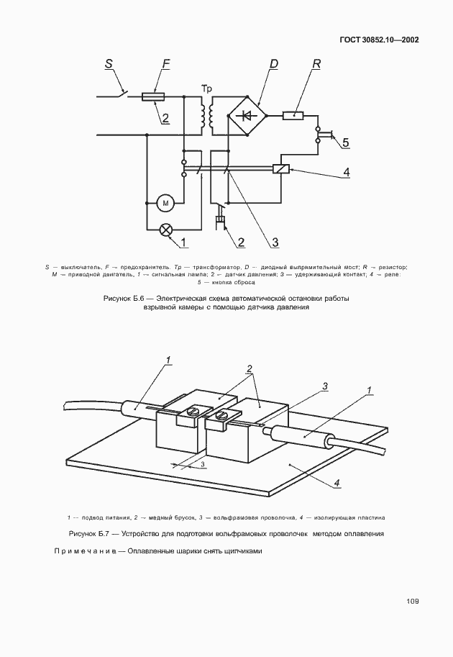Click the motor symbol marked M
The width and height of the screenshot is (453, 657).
click(165, 204)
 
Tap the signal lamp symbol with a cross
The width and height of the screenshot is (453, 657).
click(165, 230)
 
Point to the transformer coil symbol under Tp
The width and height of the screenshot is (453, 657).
click(206, 114)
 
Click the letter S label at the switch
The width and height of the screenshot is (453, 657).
click(109, 65)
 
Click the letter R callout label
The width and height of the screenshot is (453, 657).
click(316, 65)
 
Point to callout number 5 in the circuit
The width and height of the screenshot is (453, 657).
click(346, 142)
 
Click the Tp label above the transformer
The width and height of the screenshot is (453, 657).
click(206, 89)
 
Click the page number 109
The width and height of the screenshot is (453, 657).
click(412, 602)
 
